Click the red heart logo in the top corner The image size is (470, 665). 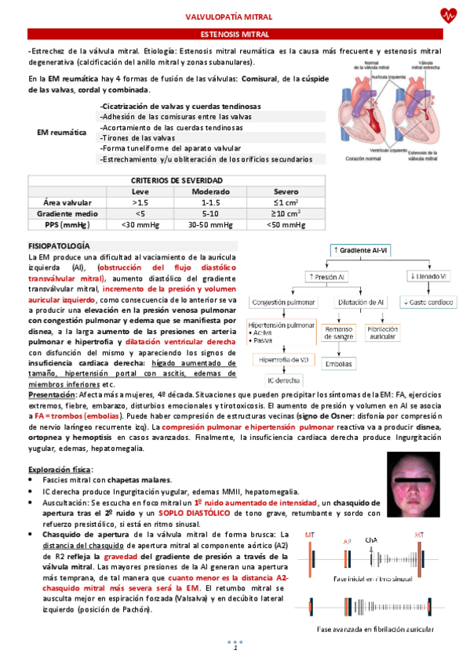coord(448,15)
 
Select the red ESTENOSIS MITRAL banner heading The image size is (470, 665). coord(235,35)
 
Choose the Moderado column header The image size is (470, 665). coord(210,191)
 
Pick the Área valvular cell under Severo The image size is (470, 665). coord(286,202)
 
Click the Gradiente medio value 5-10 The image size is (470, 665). coord(210,213)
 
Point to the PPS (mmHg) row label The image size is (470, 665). coord(67,224)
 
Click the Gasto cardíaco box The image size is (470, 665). coord(427,302)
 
